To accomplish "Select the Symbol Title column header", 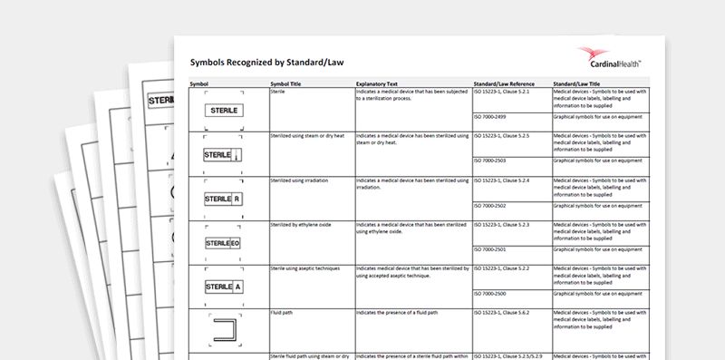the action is tap(288, 83).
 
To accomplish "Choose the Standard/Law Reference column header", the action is tap(504, 83).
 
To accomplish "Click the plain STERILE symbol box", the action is tap(223, 110).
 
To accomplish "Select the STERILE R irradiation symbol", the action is tap(223, 198).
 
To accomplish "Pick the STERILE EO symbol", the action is tap(223, 243).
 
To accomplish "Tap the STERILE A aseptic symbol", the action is tap(223, 287).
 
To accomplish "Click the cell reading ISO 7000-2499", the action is tap(494, 118).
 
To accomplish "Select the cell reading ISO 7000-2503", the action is tap(494, 161).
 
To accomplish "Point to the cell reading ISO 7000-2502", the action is tap(494, 206).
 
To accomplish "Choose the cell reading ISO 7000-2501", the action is tap(494, 249).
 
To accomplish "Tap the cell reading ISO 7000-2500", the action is tap(494, 294).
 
